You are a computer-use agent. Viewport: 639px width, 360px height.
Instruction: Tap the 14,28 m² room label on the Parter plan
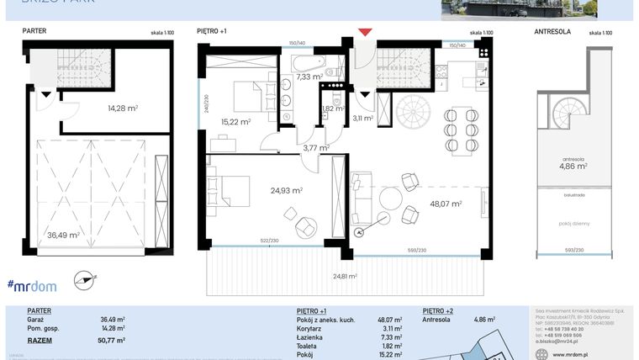tap(124, 108)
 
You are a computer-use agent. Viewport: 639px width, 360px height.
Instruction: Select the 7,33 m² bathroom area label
tap(309, 77)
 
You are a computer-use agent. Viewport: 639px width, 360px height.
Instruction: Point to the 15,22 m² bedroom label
tap(236, 121)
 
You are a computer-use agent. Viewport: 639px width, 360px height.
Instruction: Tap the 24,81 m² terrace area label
tap(345, 275)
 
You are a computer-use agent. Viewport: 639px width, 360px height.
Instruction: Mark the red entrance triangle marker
tap(365, 33)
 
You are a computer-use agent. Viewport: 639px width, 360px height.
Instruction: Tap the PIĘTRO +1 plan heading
tap(212, 31)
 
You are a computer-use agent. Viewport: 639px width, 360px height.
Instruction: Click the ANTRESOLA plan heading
tap(552, 31)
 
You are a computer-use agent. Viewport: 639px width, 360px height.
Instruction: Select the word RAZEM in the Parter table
tap(40, 340)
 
